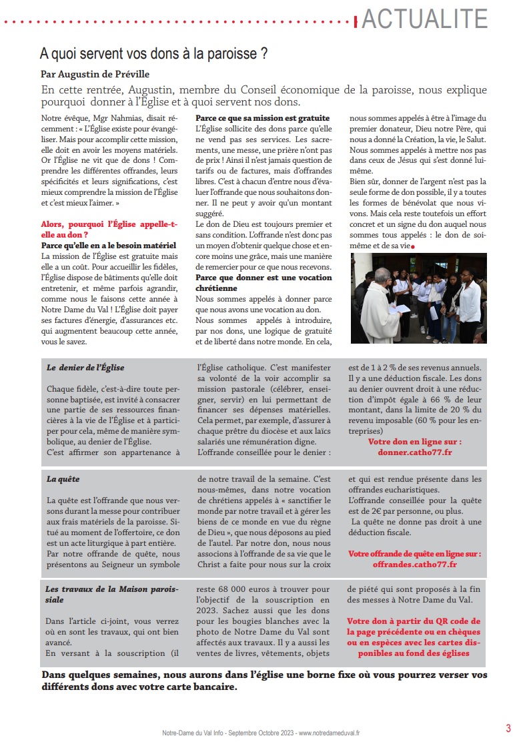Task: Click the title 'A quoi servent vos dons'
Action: tap(154, 53)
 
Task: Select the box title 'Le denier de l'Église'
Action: tap(85, 368)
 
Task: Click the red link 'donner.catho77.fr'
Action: tap(414, 452)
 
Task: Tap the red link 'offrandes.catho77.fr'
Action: tap(414, 565)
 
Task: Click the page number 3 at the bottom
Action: tap(508, 728)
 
